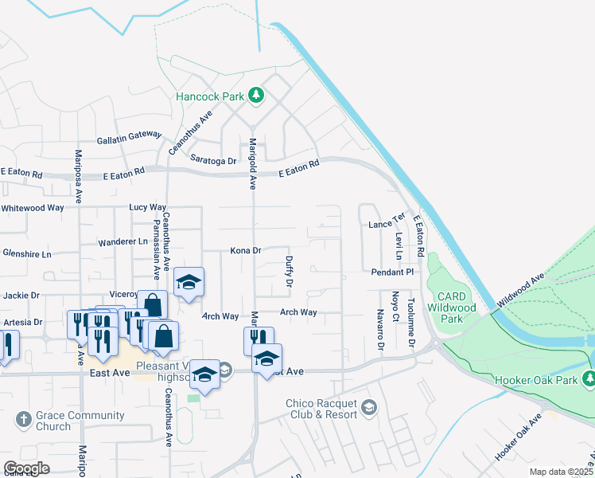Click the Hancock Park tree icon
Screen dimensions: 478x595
(255, 96)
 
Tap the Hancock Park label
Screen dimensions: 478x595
(210, 97)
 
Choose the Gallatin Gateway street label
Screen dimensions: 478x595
(129, 137)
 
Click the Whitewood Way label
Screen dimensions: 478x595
(32, 208)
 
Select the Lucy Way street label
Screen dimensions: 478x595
(147, 207)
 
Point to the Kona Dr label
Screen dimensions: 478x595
(246, 251)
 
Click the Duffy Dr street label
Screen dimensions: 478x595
(290, 272)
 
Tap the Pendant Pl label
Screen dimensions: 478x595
(393, 272)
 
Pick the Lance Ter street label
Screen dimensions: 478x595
(387, 225)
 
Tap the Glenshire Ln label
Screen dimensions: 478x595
(26, 254)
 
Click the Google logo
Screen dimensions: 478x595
(26, 468)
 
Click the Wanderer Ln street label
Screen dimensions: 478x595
(122, 241)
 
